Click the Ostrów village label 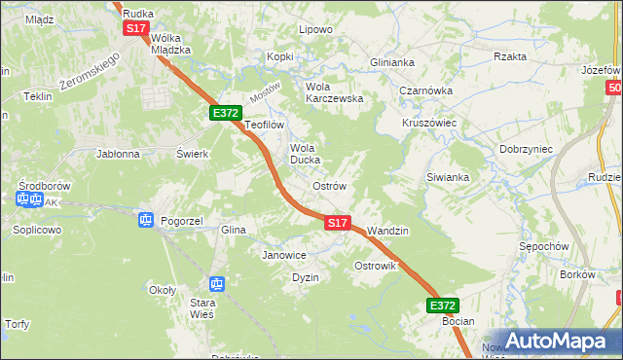(328, 186)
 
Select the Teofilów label (264, 125)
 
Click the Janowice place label (284, 255)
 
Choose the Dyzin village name (306, 277)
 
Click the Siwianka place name (448, 177)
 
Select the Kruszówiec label (429, 124)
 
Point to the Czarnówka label (423, 90)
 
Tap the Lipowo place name (315, 29)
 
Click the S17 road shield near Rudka (135, 28)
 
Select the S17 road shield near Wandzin (337, 223)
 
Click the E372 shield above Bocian (442, 305)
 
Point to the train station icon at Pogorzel (146, 220)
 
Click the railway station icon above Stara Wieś (217, 284)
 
